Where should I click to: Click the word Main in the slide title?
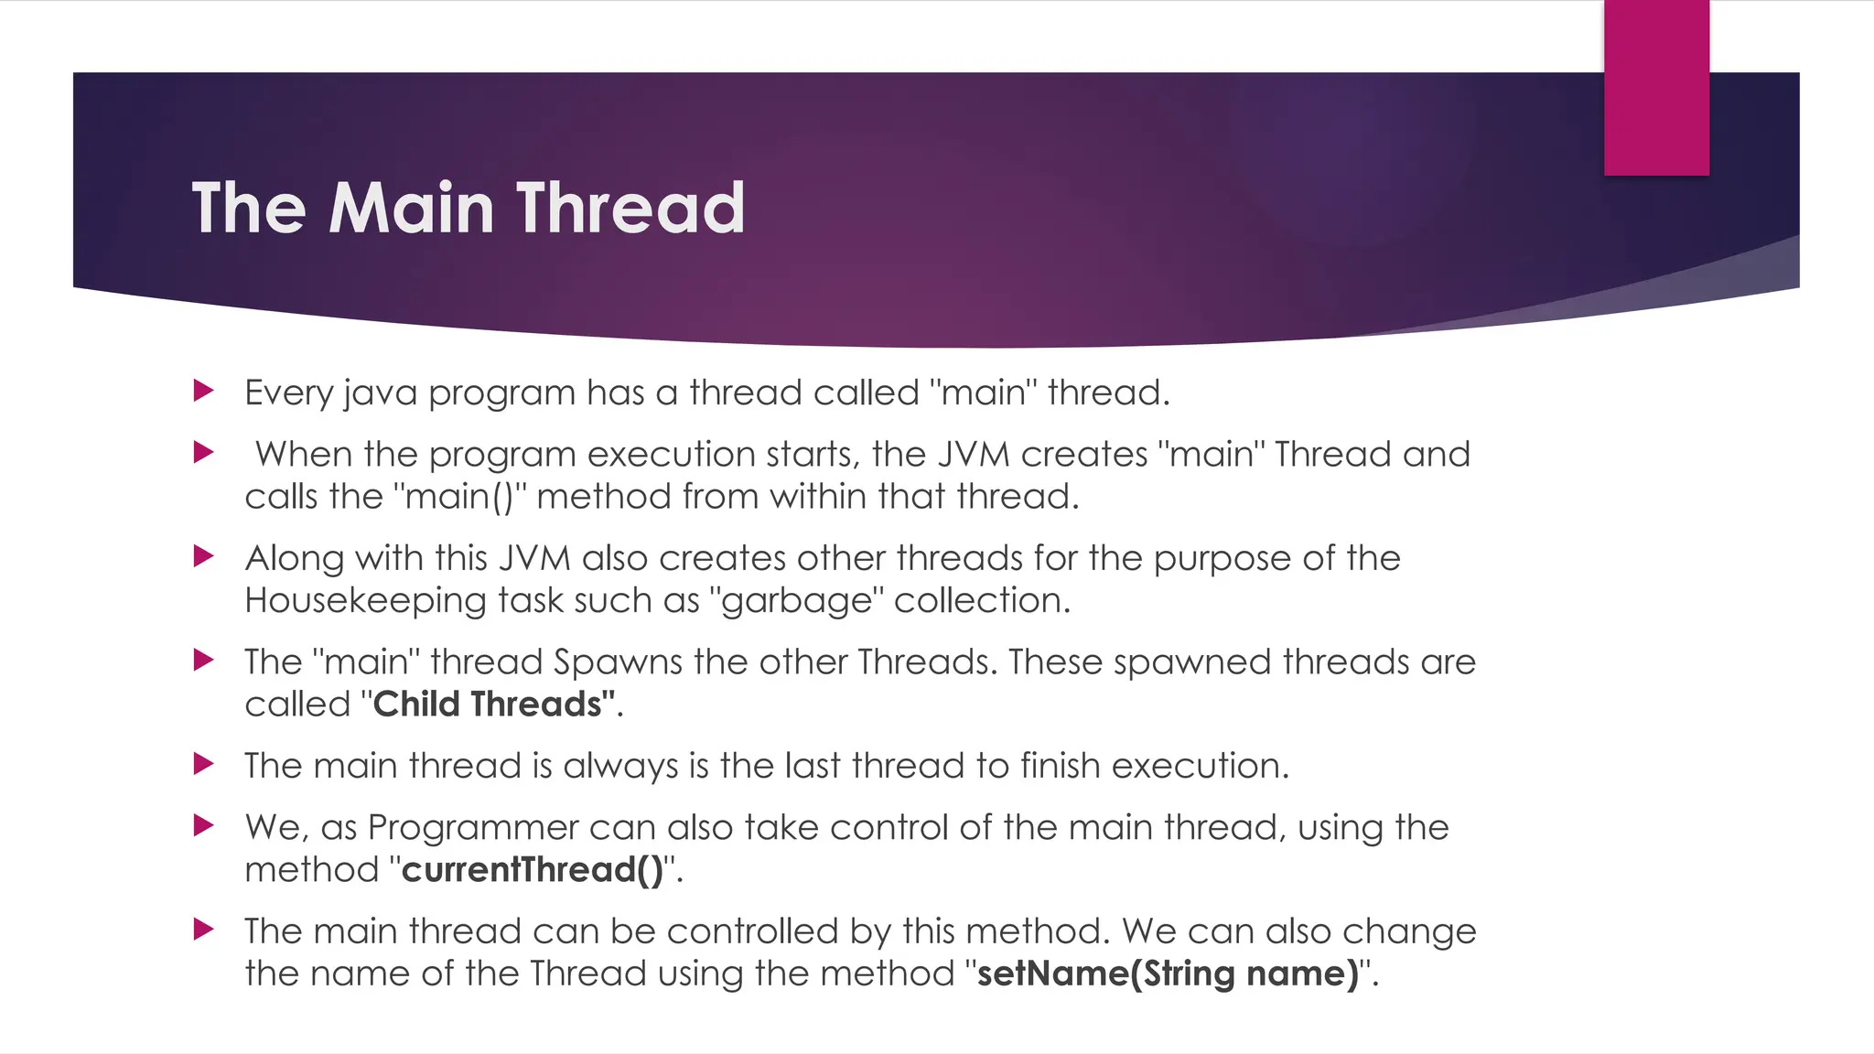point(411,209)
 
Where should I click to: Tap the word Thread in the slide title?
point(630,209)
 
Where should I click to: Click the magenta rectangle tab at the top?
point(1656,88)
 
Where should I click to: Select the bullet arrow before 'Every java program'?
point(203,392)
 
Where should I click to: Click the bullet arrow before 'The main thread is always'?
point(203,764)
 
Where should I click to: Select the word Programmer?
point(472,828)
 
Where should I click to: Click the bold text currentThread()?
point(532,870)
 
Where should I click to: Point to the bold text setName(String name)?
point(1168,973)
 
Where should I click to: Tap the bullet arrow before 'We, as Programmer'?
point(203,826)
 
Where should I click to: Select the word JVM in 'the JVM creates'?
point(973,455)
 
